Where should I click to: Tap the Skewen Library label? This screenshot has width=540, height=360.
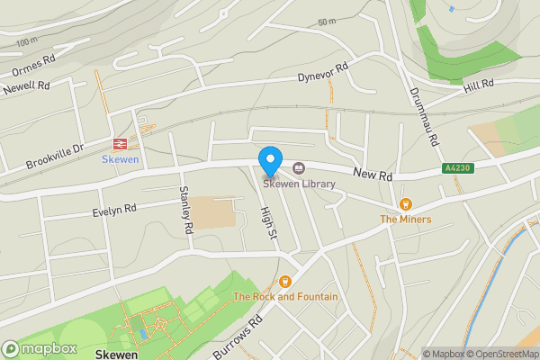300,184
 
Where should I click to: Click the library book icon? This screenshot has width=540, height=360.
299,167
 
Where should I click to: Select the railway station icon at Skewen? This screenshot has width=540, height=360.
119,143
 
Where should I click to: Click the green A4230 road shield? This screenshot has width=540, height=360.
456,168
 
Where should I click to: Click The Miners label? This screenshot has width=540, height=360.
405,219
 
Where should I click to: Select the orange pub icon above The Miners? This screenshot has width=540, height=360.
405,204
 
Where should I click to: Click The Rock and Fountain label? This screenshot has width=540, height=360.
286,296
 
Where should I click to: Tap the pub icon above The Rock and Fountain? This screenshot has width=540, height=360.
286,282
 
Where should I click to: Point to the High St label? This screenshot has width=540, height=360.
266,222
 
